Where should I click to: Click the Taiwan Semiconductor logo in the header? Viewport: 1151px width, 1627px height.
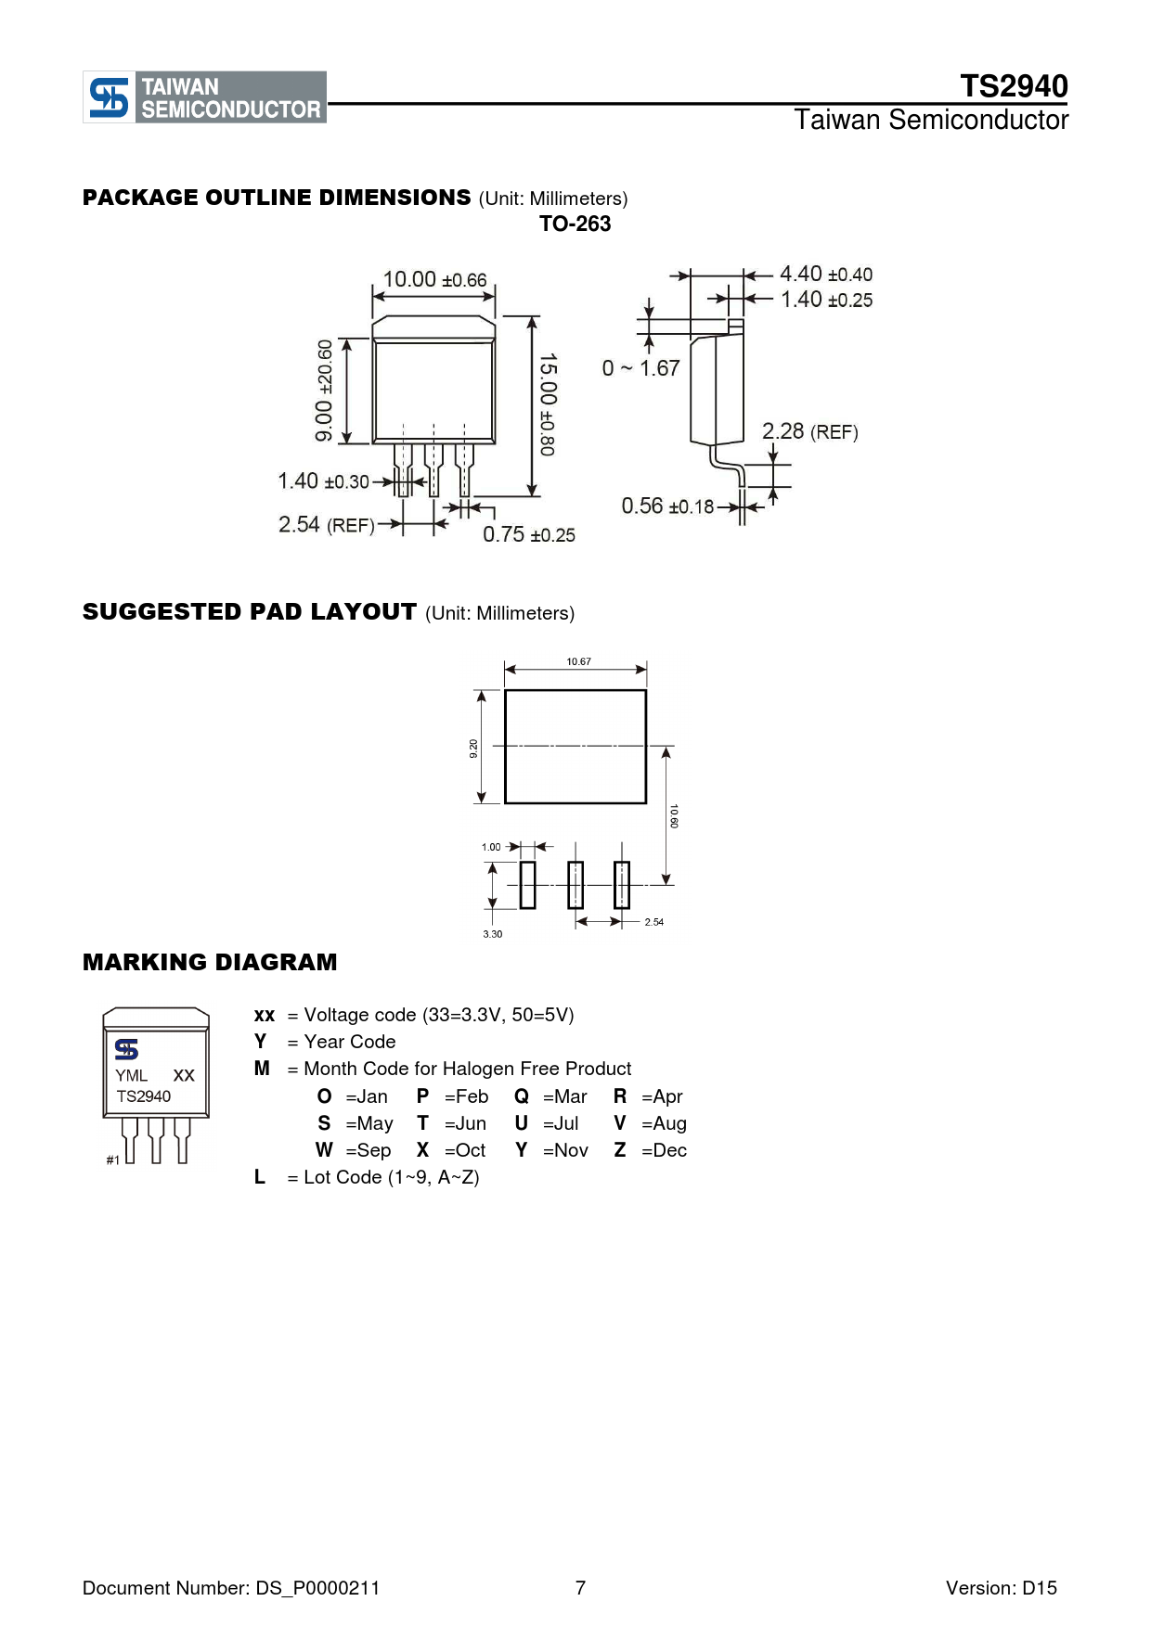pyautogui.click(x=205, y=97)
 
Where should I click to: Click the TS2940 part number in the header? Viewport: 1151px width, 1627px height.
pyautogui.click(x=1014, y=86)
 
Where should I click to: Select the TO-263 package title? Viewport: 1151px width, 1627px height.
pyautogui.click(x=575, y=224)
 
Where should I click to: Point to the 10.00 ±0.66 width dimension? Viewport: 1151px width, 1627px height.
pyautogui.click(x=434, y=279)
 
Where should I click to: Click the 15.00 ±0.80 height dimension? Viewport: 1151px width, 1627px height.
pyautogui.click(x=548, y=404)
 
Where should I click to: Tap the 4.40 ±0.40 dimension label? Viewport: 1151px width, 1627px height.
pyautogui.click(x=826, y=275)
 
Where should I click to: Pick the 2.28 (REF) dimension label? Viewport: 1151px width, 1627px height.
pyautogui.click(x=810, y=431)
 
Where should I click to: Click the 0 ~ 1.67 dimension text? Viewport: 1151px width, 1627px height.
pyautogui.click(x=640, y=368)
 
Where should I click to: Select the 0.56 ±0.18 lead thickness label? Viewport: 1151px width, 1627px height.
pyautogui.click(x=667, y=506)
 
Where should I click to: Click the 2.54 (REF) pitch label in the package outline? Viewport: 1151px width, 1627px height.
pyautogui.click(x=327, y=525)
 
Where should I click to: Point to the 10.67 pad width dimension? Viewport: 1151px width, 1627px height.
pyautogui.click(x=578, y=661)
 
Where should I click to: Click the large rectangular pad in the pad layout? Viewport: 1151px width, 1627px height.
pyautogui.click(x=575, y=747)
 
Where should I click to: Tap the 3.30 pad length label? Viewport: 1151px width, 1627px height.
pyautogui.click(x=492, y=934)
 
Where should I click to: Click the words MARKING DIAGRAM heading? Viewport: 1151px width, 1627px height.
pyautogui.click(x=210, y=962)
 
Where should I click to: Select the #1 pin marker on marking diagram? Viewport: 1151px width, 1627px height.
pyautogui.click(x=112, y=1160)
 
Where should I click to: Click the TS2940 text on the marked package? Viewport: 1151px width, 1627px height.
pyautogui.click(x=144, y=1096)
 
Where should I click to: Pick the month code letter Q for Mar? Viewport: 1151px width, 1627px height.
pyautogui.click(x=522, y=1096)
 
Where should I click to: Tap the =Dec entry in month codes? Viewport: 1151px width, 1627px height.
pyautogui.click(x=664, y=1150)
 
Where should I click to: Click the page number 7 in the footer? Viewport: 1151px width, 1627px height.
pyautogui.click(x=580, y=1588)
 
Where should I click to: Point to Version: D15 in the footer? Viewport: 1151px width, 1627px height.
pyautogui.click(x=1002, y=1588)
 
